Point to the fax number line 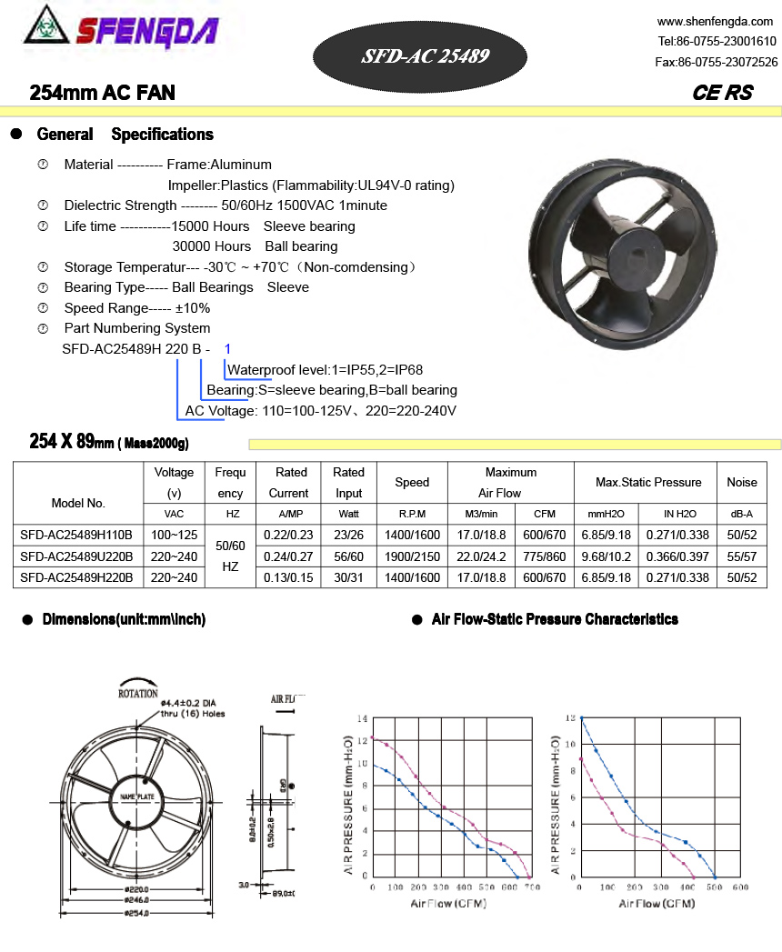tap(716, 62)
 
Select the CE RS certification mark tap(722, 93)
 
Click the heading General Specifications tap(125, 135)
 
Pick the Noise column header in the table tap(741, 483)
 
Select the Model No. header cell tap(78, 503)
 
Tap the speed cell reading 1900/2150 tap(412, 556)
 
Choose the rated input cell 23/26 tap(348, 536)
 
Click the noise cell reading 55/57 tap(741, 556)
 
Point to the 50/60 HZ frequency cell tap(230, 556)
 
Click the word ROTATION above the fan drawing tap(138, 693)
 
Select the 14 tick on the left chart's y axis tap(363, 718)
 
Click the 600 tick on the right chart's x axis tap(740, 887)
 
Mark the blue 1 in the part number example tap(227, 349)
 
